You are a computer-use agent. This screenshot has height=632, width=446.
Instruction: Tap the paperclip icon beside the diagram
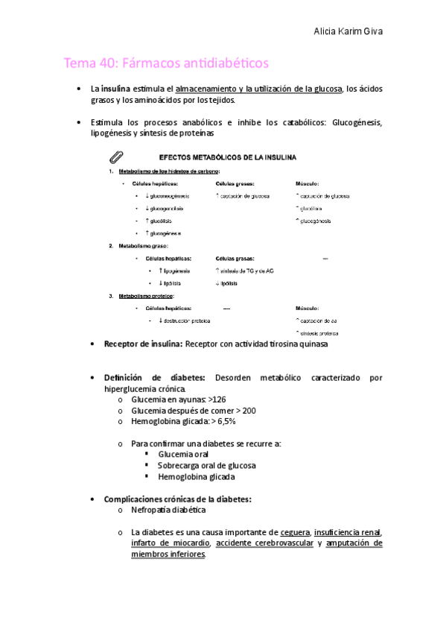(116, 158)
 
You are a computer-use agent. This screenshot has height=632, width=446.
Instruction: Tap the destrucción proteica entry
(183, 320)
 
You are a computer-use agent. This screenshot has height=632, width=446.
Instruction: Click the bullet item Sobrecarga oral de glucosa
(206, 465)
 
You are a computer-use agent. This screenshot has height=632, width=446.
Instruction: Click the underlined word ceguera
(295, 532)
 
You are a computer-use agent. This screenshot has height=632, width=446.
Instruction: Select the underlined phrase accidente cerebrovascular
(264, 543)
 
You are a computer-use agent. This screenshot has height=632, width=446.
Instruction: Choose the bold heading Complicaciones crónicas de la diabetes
(178, 499)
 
